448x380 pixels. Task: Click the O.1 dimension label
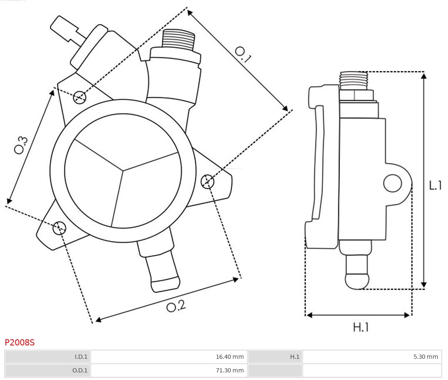243,54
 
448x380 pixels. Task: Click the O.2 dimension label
176,306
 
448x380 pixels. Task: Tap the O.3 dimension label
21,145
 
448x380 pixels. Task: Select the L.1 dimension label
435,186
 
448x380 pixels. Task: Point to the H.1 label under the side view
361,327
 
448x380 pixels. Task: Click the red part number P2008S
20,342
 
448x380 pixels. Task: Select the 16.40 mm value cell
169,357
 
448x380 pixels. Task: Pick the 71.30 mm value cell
169,370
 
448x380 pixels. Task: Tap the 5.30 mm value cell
372,357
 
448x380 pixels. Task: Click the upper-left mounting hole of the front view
80,97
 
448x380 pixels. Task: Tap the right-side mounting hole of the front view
207,181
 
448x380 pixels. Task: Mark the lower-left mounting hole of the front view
60,228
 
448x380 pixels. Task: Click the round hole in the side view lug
393,183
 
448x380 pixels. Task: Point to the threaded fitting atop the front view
178,40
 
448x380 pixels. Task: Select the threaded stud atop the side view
354,81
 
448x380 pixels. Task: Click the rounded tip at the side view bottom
357,281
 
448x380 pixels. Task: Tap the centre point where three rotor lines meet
123,171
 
